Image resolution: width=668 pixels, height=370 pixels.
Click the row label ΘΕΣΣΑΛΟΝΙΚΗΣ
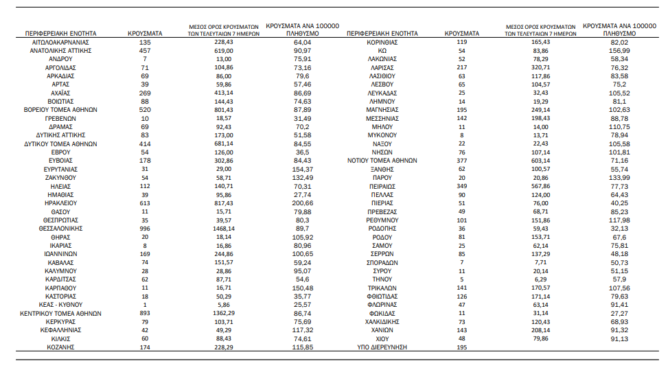click(x=60, y=229)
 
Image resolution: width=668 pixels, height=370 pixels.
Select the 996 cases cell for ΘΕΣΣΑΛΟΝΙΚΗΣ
click(x=145, y=229)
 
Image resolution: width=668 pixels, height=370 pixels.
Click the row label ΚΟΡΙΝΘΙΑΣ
click(x=382, y=43)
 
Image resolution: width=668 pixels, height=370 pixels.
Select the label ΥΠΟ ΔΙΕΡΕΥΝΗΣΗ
click(x=382, y=347)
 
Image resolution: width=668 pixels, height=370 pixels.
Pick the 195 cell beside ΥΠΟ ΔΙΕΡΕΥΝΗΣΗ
click(x=461, y=347)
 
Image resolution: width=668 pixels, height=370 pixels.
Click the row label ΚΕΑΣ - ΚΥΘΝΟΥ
click(x=60, y=305)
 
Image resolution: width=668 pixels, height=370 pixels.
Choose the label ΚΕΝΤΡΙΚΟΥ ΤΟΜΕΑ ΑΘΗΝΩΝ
click(x=60, y=313)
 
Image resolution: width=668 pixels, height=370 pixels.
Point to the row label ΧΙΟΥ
click(x=382, y=338)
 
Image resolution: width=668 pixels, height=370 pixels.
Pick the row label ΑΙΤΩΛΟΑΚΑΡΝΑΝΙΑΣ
click(x=60, y=43)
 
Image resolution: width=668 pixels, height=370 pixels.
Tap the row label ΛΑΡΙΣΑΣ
click(x=382, y=68)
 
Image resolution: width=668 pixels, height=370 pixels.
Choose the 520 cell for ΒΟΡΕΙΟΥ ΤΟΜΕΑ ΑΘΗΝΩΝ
click(x=145, y=110)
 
